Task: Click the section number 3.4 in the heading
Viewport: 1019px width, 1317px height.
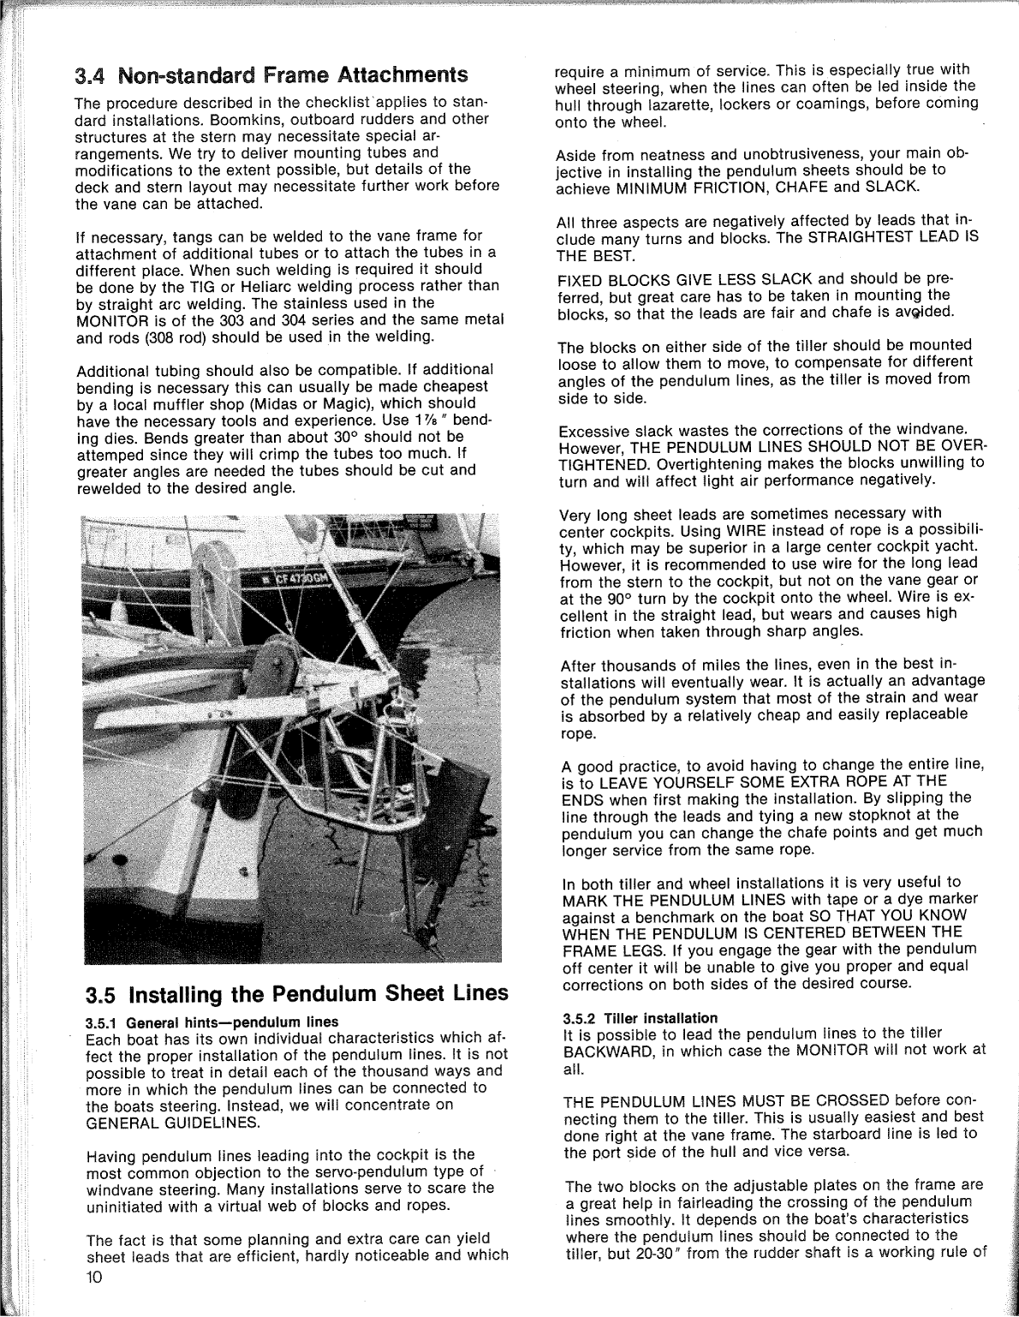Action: click(x=90, y=75)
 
